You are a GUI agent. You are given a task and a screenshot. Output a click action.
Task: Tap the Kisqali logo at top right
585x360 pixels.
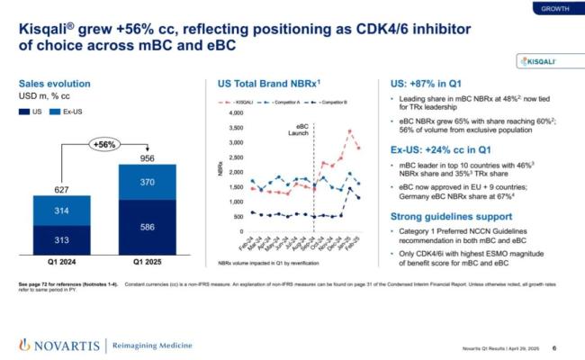click(x=542, y=61)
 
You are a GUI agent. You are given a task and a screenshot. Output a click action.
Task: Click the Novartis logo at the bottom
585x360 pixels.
click(x=54, y=345)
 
